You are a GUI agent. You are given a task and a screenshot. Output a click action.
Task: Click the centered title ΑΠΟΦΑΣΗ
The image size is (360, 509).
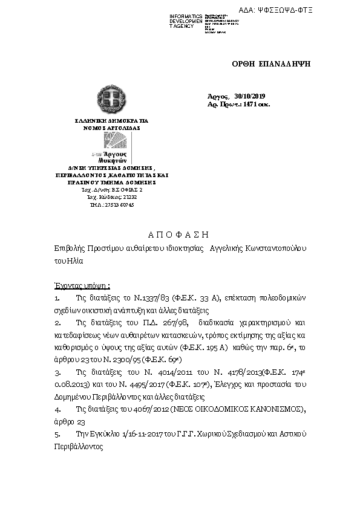[179, 234]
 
